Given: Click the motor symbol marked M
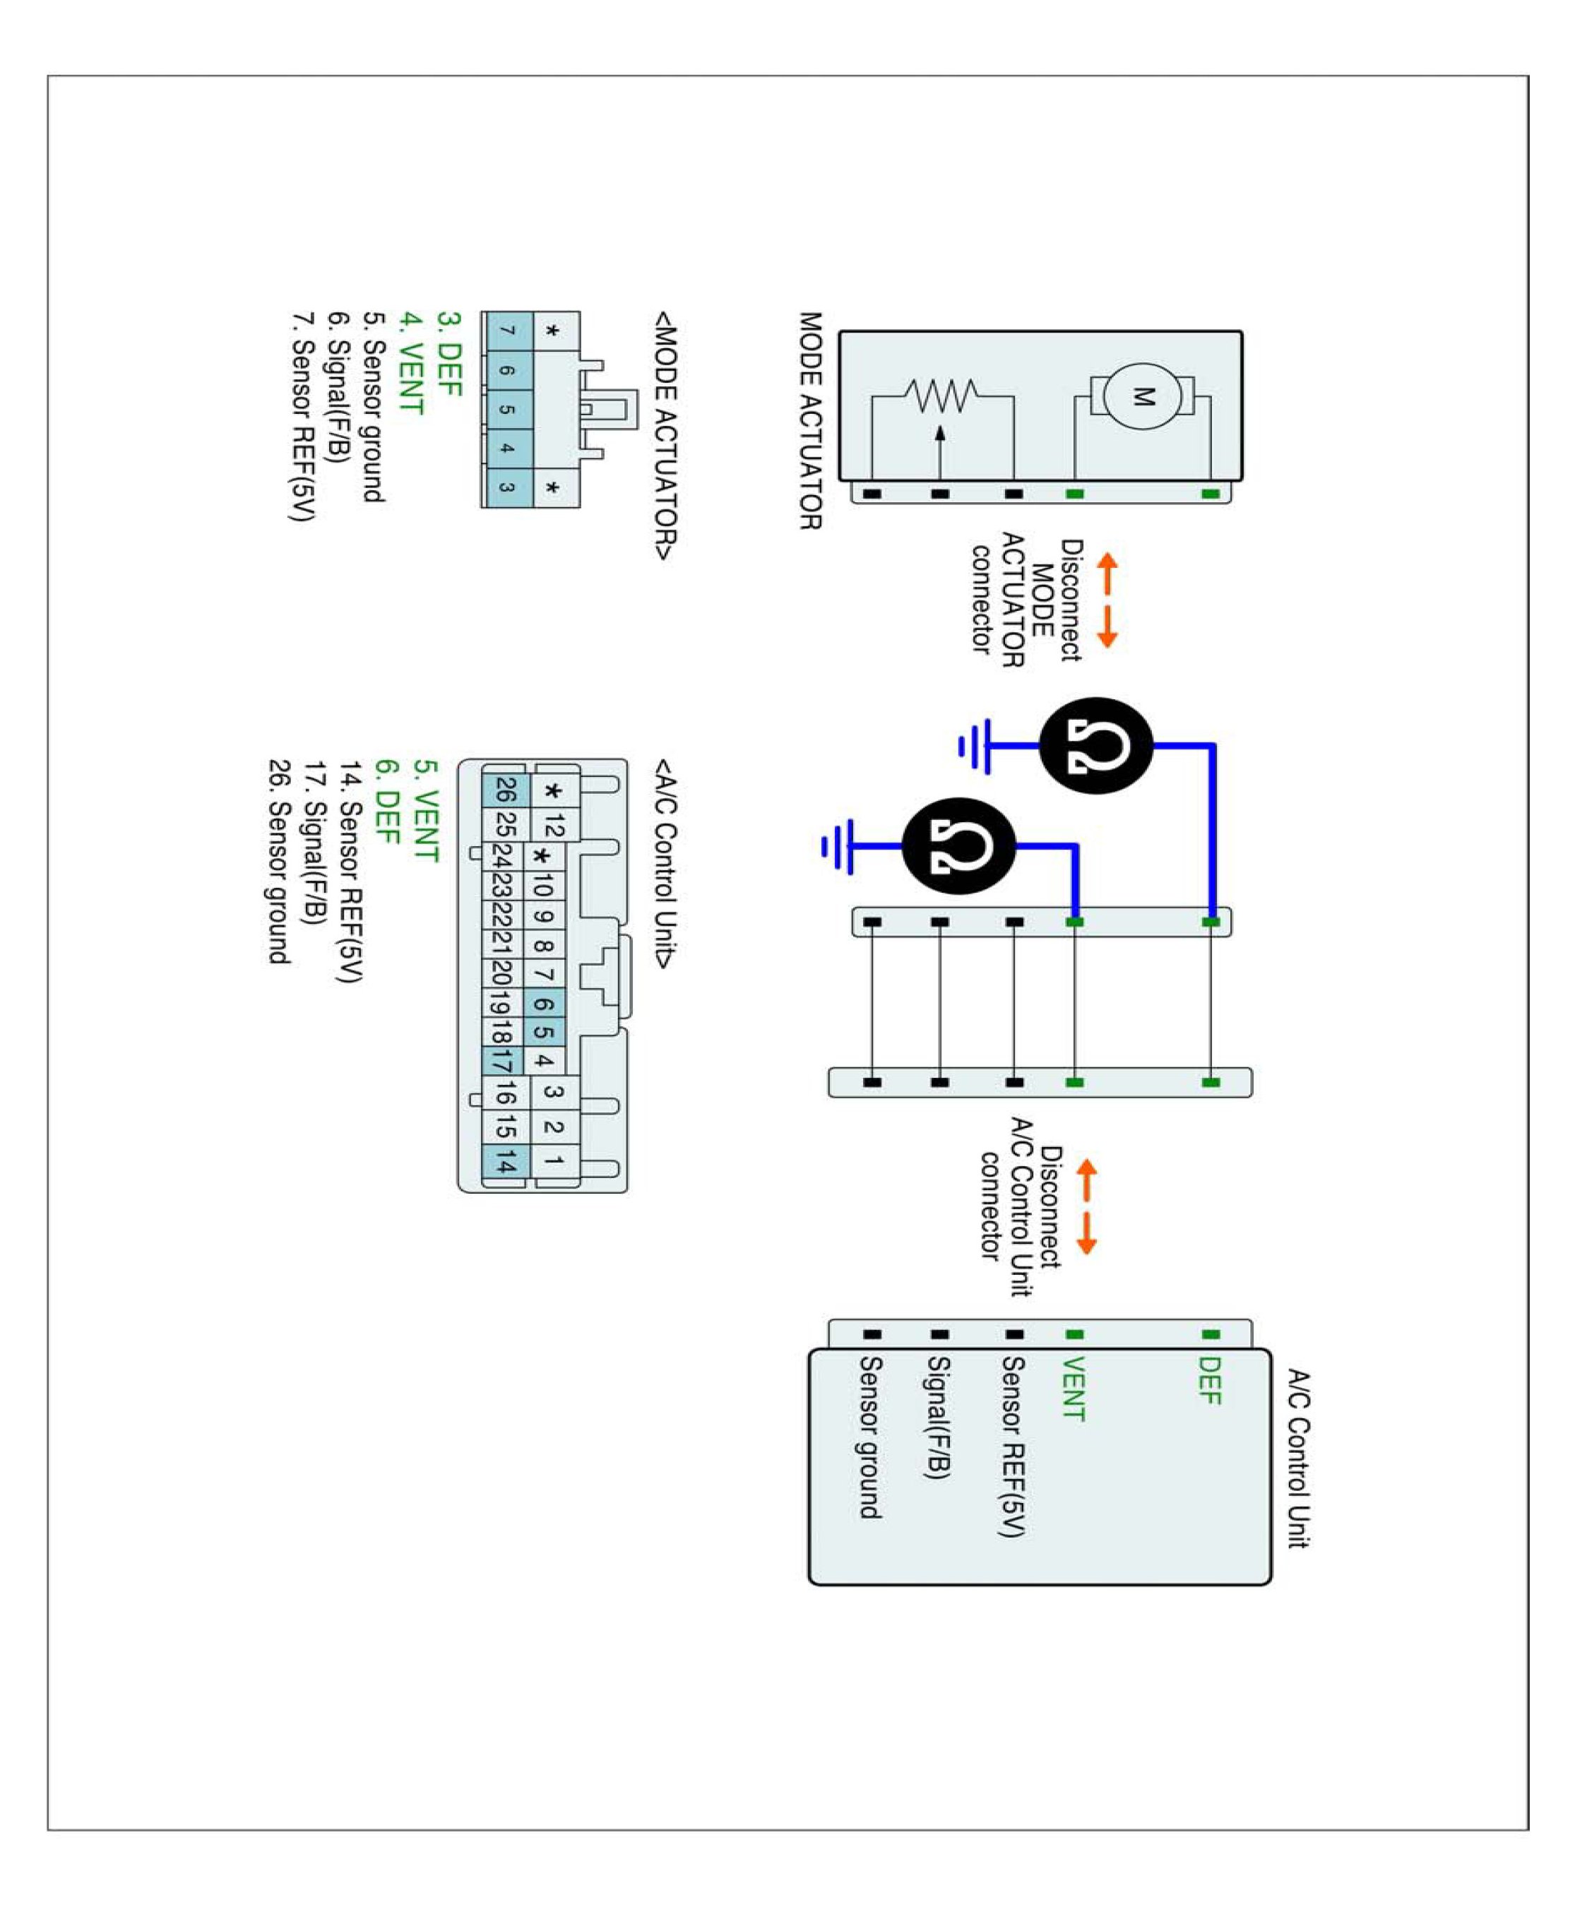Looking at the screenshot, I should point(1142,396).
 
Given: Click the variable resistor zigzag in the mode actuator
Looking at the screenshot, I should point(941,396).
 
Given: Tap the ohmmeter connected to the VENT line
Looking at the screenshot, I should point(959,845).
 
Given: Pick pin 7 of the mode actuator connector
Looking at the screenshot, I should point(507,331).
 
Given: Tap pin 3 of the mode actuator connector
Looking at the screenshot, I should point(507,487).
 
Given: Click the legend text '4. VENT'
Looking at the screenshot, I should point(412,363).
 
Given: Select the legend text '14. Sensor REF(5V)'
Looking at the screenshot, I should point(350,872).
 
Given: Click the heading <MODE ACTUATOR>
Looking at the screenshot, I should point(666,436).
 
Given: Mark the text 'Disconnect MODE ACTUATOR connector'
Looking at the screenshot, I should point(1026,600).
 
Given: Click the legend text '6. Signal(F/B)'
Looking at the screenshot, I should point(338,386).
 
